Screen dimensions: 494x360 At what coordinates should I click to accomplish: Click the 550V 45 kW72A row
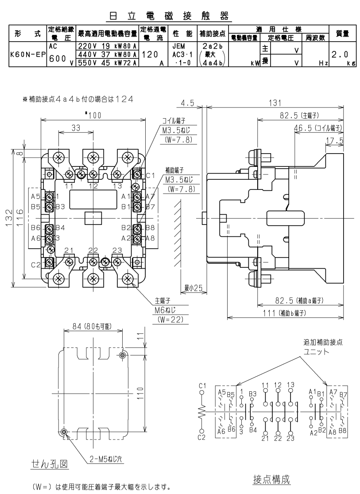(x=108, y=63)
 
